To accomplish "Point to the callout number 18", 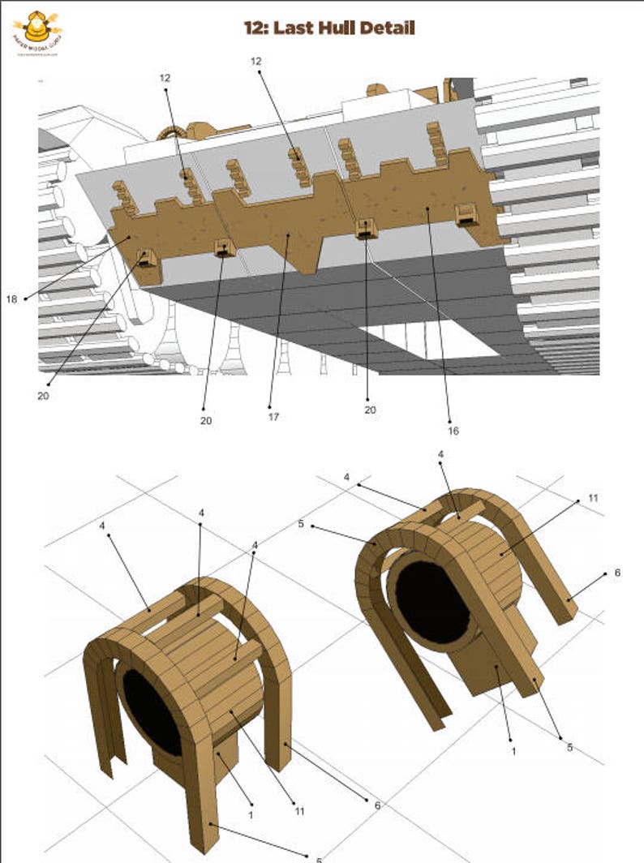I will pyautogui.click(x=11, y=299).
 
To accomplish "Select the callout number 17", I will pyautogui.click(x=273, y=418).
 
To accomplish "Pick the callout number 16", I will pyautogui.click(x=453, y=431).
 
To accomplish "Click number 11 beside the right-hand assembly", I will pyautogui.click(x=593, y=497).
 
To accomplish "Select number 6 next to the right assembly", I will pyautogui.click(x=616, y=573).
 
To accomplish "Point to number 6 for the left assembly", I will pyautogui.click(x=377, y=805).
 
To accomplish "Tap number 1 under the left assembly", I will pyautogui.click(x=251, y=814).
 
